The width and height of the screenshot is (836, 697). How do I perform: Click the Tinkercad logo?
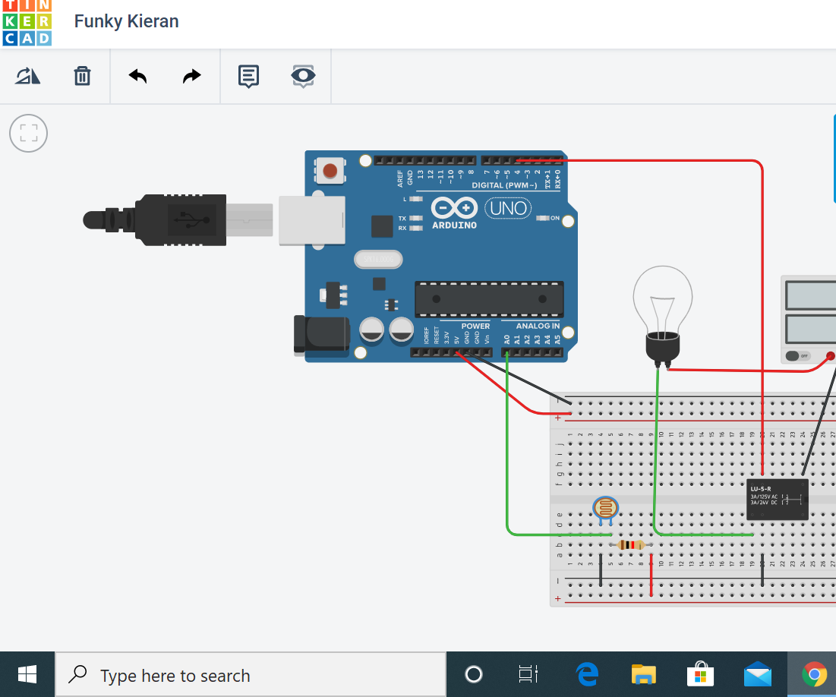point(27,23)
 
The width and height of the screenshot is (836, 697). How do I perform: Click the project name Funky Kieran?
point(126,21)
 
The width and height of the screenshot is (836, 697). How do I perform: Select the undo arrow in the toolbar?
point(137,76)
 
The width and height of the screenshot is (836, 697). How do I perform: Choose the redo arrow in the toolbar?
point(192,76)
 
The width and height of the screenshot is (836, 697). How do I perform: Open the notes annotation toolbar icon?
point(248,76)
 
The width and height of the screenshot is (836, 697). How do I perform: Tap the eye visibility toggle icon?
point(303,76)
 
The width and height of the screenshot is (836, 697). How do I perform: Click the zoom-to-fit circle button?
point(28,134)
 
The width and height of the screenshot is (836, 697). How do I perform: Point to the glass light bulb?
point(663,300)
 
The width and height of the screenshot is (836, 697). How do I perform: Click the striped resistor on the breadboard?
point(631,544)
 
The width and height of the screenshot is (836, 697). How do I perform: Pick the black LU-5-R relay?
point(776,499)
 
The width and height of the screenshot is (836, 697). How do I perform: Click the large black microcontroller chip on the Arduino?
point(489,299)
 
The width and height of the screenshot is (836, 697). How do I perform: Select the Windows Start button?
point(27,674)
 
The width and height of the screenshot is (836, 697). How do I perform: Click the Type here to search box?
point(251,675)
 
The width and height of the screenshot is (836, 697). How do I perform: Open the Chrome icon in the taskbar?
point(814,674)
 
